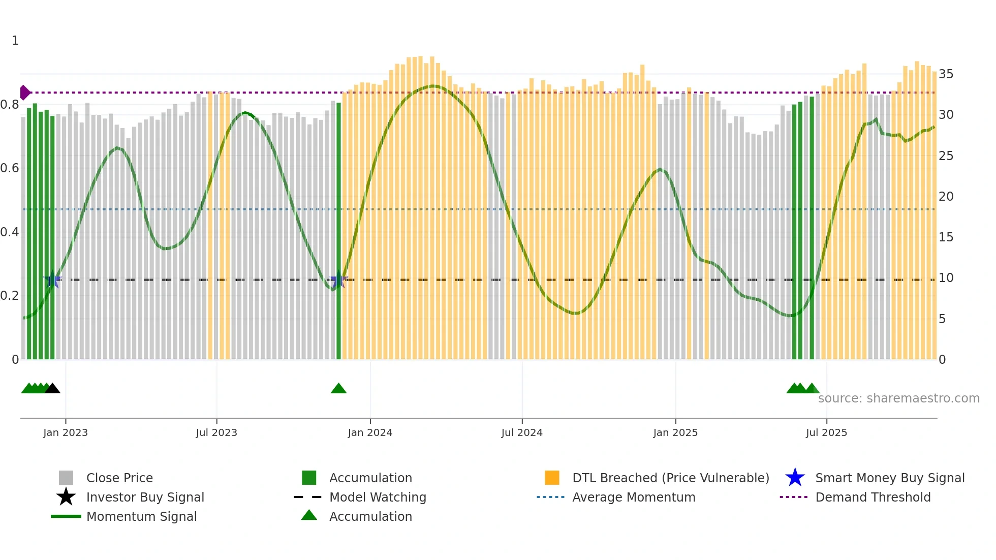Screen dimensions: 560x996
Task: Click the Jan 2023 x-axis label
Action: pyautogui.click(x=66, y=432)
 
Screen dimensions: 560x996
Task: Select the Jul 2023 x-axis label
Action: pyautogui.click(x=216, y=432)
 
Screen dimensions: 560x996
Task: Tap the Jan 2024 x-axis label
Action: pyautogui.click(x=370, y=432)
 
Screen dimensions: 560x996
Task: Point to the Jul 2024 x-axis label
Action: pyautogui.click(x=522, y=432)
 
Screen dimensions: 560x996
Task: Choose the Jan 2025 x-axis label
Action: pyautogui.click(x=675, y=432)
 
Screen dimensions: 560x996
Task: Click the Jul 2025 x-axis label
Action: pyautogui.click(x=826, y=432)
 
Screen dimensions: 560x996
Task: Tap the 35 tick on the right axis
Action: pyautogui.click(x=946, y=74)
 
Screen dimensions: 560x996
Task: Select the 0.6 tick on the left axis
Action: pyautogui.click(x=10, y=168)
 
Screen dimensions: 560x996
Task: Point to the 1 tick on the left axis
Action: pyautogui.click(x=15, y=41)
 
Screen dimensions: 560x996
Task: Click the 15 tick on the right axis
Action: pyautogui.click(x=946, y=237)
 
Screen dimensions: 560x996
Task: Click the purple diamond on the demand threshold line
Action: pyautogui.click(x=24, y=92)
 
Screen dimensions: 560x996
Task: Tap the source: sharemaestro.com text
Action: pyautogui.click(x=898, y=398)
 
